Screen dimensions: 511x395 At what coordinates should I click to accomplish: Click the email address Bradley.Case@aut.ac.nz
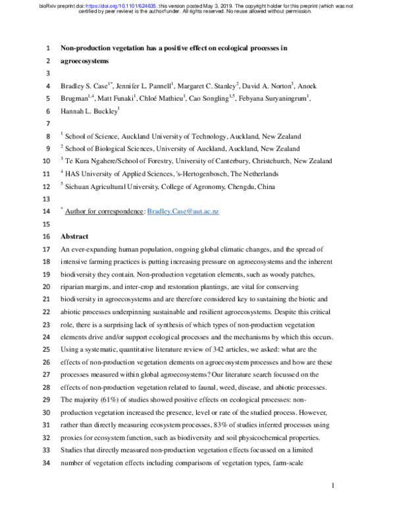(x=182, y=211)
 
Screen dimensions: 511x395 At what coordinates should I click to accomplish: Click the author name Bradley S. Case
(x=88, y=86)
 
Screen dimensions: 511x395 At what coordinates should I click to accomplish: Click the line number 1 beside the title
(x=47, y=49)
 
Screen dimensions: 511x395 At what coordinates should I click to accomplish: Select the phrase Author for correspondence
(x=105, y=211)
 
